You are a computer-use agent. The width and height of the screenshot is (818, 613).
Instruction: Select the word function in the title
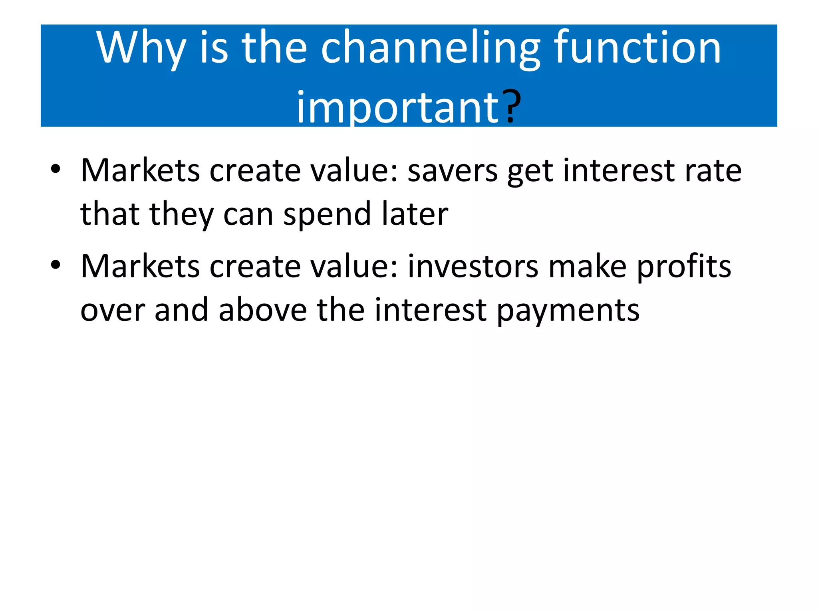pyautogui.click(x=637, y=48)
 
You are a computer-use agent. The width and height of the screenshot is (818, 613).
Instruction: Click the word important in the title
pyautogui.click(x=397, y=107)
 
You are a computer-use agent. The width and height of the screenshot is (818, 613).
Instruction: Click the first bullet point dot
pyautogui.click(x=56, y=169)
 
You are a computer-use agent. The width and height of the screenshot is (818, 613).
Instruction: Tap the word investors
pyautogui.click(x=473, y=267)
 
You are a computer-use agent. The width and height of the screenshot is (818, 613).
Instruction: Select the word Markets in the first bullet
pyautogui.click(x=140, y=171)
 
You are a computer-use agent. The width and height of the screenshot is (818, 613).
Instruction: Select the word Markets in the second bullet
pyautogui.click(x=140, y=267)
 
